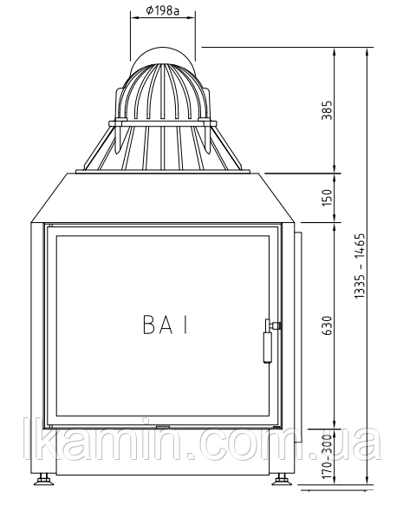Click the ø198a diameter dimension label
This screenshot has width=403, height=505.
coord(162,11)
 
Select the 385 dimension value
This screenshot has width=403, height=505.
coord(327,110)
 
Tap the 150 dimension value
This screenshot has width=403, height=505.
coord(327,198)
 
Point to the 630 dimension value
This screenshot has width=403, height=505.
coord(327,325)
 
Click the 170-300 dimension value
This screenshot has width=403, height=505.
coord(327,456)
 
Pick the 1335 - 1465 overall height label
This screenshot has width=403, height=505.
coord(360,266)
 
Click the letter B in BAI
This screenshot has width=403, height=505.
coord(149,325)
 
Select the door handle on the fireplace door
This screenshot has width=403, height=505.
coord(268,340)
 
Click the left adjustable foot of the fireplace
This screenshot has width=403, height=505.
coord(43,479)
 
